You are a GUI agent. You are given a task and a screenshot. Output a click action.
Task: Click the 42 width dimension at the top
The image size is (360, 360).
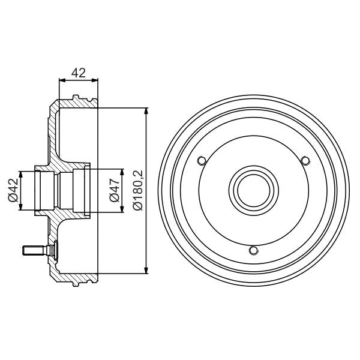coord(78,73)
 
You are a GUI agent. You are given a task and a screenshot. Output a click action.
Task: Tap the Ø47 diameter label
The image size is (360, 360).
coord(113,191)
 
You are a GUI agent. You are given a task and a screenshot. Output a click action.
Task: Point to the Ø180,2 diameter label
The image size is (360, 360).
coord(137,191)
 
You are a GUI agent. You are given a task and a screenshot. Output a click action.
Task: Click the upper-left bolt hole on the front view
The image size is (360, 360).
coord(202,160)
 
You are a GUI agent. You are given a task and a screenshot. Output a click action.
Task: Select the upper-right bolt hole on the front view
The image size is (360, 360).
coord(305,160)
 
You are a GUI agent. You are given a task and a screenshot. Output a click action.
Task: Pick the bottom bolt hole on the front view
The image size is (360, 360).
coord(253,250)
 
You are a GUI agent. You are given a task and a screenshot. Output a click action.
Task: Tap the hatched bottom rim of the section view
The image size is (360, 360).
coord(75,280)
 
